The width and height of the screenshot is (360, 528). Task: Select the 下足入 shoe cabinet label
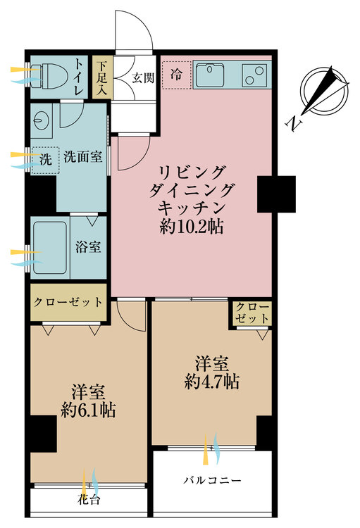click(x=101, y=77)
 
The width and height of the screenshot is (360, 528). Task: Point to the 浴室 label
click(x=88, y=247)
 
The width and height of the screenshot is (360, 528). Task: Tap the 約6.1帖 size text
click(x=89, y=409)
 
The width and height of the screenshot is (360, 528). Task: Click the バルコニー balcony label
click(x=212, y=481)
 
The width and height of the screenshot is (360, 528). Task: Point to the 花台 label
click(x=88, y=502)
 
